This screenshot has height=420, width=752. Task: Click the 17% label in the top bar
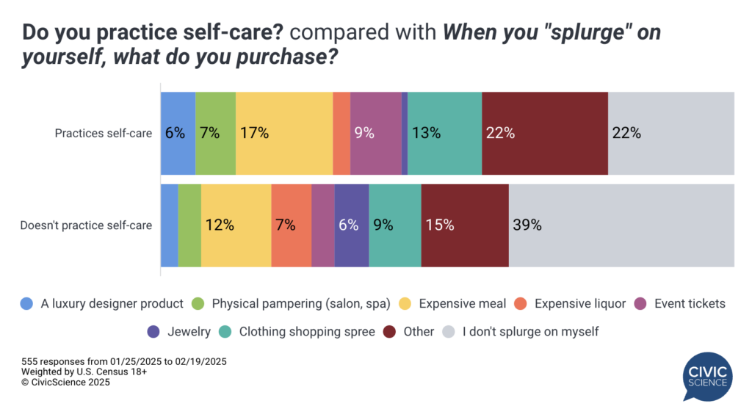pyautogui.click(x=253, y=134)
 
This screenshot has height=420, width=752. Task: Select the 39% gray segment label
pyautogui.click(x=527, y=225)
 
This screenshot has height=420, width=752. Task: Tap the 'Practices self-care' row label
pyautogui.click(x=104, y=134)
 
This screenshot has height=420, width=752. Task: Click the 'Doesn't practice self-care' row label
pyautogui.click(x=86, y=225)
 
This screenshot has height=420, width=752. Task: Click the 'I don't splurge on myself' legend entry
pyautogui.click(x=521, y=331)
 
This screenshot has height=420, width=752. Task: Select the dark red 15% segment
pyautogui.click(x=464, y=225)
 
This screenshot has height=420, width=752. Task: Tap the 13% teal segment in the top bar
pyautogui.click(x=444, y=134)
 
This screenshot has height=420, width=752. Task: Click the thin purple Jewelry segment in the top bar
pyautogui.click(x=405, y=134)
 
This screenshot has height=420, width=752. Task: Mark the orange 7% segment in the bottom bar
pyautogui.click(x=291, y=225)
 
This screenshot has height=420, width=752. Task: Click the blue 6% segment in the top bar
pyautogui.click(x=178, y=134)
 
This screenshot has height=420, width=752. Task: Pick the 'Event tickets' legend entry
pyautogui.click(x=680, y=303)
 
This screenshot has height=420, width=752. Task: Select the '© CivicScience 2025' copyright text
pyautogui.click(x=65, y=382)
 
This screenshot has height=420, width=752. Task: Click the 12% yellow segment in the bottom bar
pyautogui.click(x=236, y=225)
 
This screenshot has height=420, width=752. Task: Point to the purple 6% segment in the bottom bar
pyautogui.click(x=351, y=225)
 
